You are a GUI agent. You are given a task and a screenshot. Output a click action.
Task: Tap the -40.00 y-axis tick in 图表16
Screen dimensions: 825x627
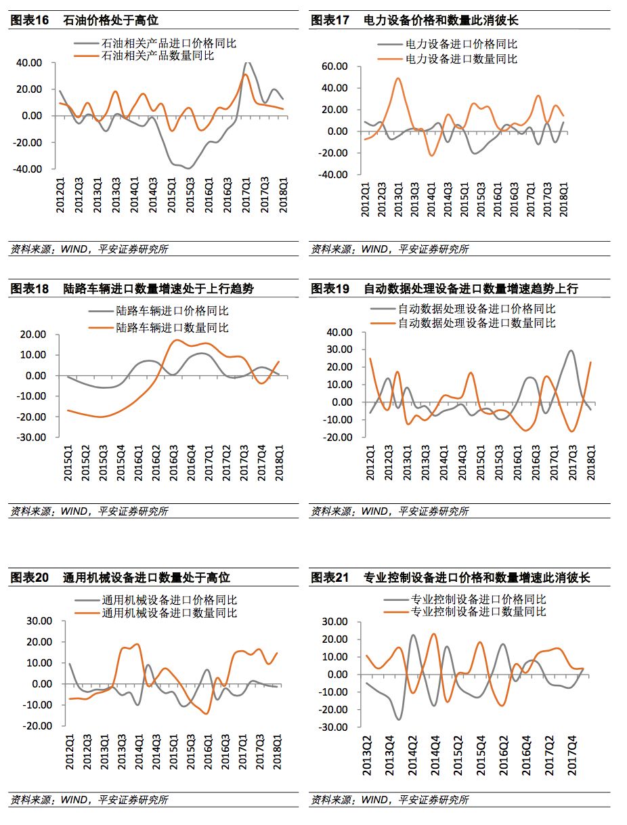tap(28, 169)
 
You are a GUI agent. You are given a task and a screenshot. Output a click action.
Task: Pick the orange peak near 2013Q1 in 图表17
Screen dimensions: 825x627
tap(397, 79)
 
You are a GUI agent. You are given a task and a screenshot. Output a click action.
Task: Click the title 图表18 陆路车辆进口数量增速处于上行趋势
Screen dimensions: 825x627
tap(132, 289)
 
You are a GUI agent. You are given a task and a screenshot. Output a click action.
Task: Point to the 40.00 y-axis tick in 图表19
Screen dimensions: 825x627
tap(339, 333)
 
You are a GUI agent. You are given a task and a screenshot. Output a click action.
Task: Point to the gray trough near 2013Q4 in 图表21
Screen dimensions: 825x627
tap(398, 719)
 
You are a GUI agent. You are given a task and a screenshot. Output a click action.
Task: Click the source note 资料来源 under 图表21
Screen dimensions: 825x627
tap(389, 800)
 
